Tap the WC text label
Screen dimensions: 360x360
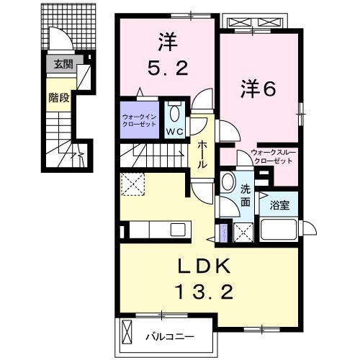click(174, 132)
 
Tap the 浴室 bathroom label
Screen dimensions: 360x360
click(280, 205)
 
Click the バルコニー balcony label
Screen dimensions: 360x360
click(170, 336)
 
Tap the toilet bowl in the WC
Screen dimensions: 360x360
click(174, 113)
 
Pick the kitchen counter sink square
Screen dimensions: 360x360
click(176, 230)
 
